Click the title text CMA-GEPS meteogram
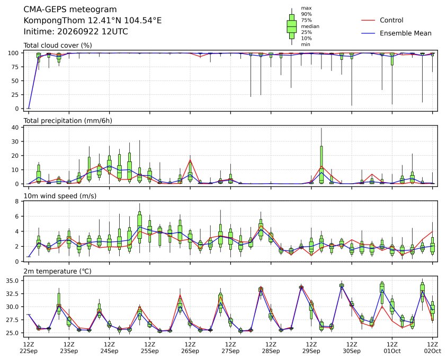70,10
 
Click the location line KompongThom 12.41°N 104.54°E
92,21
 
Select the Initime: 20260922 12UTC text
76,31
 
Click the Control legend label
391,20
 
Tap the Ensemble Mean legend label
405,33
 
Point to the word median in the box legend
310,26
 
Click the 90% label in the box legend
306,14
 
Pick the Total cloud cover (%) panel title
58,46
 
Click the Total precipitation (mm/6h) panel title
68,121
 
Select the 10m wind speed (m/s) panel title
60,196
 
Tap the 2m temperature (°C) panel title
57,271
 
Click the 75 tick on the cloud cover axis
15,67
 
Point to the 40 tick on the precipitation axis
15,128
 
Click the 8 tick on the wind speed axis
17,202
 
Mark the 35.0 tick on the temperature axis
13,281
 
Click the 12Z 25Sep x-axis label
150,348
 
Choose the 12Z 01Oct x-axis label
392,348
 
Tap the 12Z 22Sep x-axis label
29,348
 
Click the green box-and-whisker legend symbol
292,26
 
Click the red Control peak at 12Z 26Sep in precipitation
190,160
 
